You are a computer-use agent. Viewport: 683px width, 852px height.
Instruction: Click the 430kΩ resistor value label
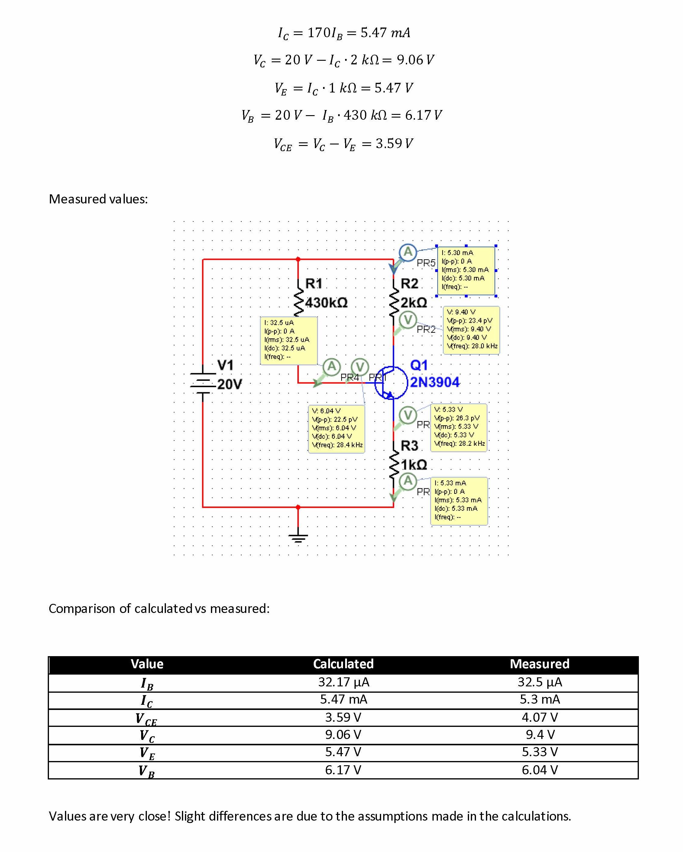tap(326, 303)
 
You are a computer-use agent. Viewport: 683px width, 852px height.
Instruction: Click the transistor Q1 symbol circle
tap(390, 382)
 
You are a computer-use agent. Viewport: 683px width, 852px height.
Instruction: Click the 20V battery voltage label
tap(229, 384)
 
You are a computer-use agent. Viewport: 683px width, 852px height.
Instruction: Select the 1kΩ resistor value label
tap(414, 465)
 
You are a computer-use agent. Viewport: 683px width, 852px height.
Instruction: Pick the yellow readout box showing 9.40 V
tap(471, 330)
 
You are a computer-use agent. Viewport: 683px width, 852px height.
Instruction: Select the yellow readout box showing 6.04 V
tap(336, 429)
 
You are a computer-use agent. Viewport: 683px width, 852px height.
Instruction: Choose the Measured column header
tap(539, 663)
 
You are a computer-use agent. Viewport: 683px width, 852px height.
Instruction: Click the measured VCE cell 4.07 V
tap(539, 717)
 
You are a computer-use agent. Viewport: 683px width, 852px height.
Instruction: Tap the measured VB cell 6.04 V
tap(539, 769)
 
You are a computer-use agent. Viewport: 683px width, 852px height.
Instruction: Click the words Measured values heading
tap(98, 199)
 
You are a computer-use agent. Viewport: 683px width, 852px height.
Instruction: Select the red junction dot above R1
tap(298, 259)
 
